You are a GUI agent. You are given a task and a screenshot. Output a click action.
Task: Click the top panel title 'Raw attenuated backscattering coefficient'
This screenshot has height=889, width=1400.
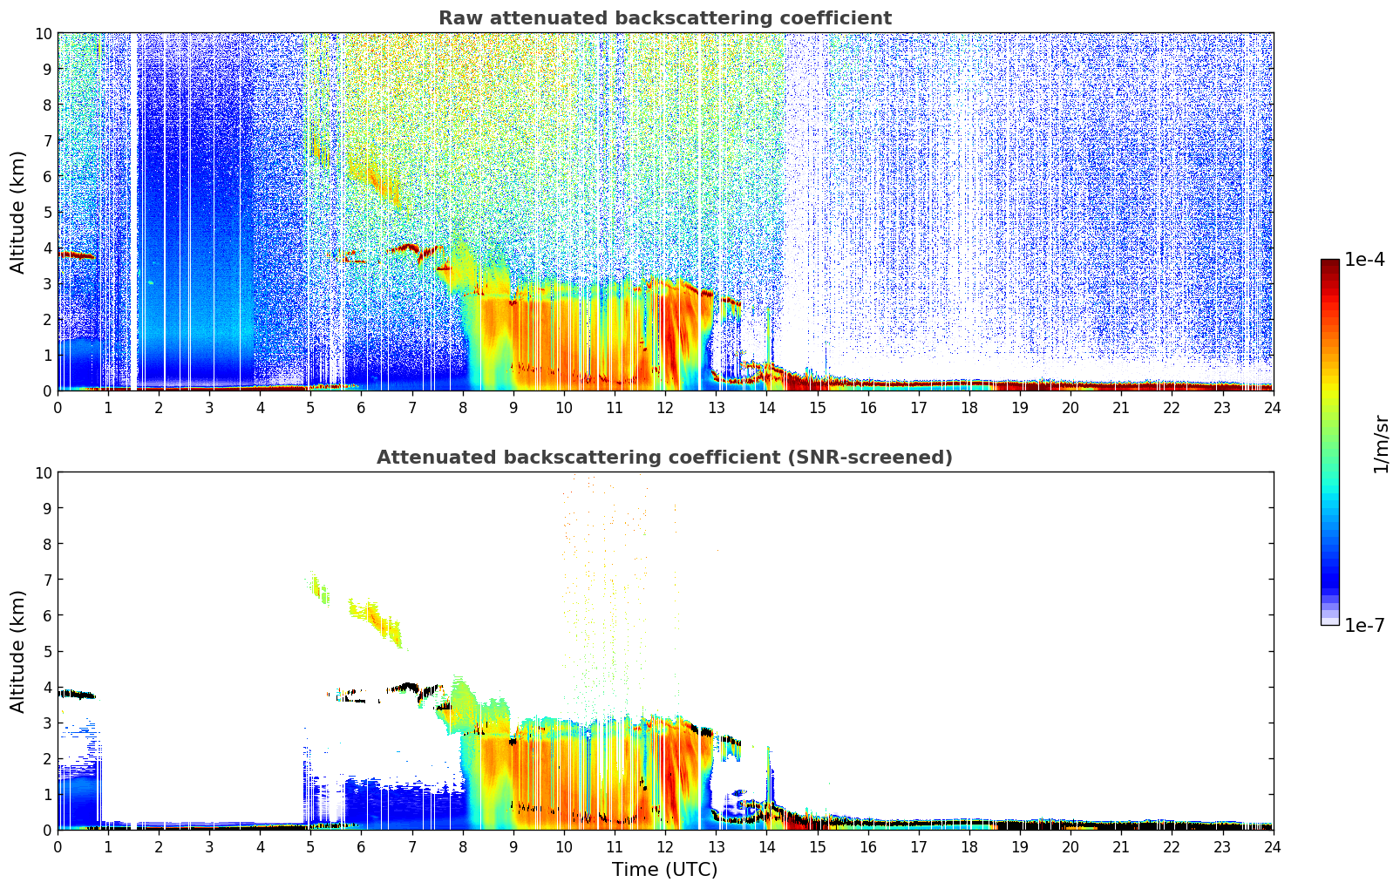tap(664, 18)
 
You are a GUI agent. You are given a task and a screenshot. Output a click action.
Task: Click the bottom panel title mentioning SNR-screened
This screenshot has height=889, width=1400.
tap(664, 458)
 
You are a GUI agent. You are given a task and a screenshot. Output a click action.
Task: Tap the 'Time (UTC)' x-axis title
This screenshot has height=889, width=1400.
tap(664, 869)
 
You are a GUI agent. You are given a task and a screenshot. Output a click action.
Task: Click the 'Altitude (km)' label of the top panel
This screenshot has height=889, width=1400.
tap(18, 212)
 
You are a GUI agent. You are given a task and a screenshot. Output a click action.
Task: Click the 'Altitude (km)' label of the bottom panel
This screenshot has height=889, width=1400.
tap(18, 651)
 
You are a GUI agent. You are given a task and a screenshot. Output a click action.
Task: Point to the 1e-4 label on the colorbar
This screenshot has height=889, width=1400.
tap(1364, 260)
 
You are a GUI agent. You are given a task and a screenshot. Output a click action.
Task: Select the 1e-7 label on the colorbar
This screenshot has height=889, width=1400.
tap(1364, 625)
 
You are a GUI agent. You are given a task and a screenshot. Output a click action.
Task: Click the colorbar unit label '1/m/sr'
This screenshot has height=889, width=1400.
tap(1380, 443)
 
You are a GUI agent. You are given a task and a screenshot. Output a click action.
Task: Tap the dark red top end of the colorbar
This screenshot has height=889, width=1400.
tap(1329, 265)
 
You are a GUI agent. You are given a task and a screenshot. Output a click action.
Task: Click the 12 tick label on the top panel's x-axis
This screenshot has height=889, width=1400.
tap(664, 407)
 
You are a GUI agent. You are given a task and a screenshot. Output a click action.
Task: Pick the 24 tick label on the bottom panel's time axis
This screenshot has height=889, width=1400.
tap(1272, 846)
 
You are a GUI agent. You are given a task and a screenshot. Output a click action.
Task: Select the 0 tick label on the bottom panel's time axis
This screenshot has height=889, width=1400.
tap(58, 846)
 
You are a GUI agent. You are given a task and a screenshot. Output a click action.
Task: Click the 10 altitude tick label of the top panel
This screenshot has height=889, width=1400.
tap(42, 33)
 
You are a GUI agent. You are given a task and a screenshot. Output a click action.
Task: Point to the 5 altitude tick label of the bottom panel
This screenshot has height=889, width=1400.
tap(45, 651)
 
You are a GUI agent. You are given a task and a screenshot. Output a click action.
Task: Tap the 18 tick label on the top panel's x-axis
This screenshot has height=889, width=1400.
tap(968, 407)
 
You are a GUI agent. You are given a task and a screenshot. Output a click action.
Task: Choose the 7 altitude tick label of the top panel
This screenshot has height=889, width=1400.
tap(45, 140)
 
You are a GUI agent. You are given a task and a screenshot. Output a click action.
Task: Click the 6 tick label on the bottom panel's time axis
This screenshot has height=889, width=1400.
tap(362, 846)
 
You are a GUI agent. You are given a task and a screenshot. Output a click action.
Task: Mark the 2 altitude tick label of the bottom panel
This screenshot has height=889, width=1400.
tap(45, 758)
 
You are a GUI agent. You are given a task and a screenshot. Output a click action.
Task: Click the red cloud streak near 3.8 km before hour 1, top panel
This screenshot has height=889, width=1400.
tap(76, 255)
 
